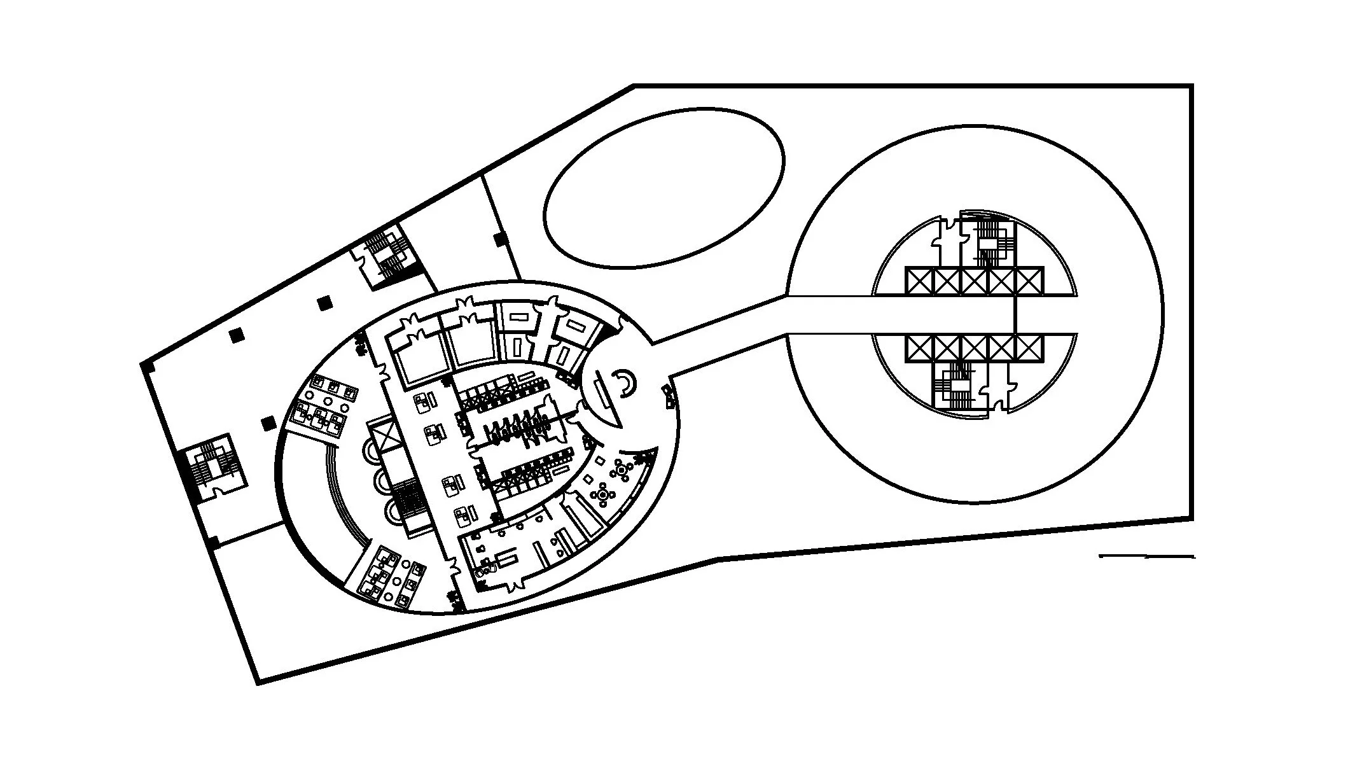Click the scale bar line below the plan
(x=1146, y=557)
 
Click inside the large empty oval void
(x=664, y=188)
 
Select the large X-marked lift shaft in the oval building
(x=386, y=436)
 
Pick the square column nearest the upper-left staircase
(x=325, y=303)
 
